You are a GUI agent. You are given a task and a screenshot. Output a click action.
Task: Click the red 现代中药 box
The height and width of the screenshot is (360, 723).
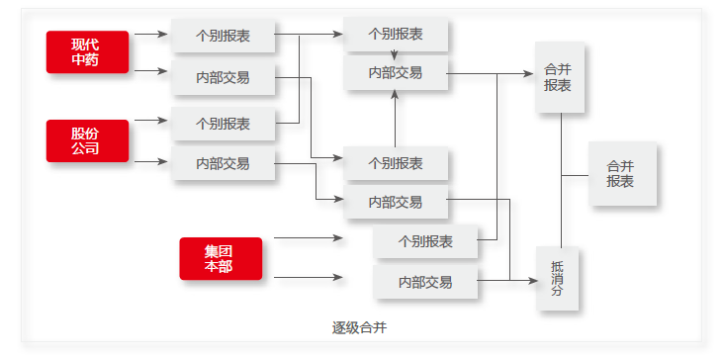point(87,51)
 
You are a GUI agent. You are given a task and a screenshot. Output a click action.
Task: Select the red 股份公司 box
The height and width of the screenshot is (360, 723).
point(87,140)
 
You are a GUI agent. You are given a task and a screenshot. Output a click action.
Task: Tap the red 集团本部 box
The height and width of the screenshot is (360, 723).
point(221,258)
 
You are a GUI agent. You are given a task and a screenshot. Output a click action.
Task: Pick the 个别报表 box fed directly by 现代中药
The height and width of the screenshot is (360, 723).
point(223,36)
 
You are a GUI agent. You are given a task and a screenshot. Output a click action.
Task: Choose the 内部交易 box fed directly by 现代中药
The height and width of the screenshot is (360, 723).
point(223,77)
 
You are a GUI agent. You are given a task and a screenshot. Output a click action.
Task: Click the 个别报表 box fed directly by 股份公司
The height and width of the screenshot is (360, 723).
point(223,124)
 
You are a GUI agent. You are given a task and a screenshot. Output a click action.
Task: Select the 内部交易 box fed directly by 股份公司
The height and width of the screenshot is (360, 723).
point(223,163)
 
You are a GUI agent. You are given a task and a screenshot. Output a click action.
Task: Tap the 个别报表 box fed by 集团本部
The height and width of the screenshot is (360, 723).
point(425,241)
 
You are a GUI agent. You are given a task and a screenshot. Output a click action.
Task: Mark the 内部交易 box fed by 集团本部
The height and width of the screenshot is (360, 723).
point(425,282)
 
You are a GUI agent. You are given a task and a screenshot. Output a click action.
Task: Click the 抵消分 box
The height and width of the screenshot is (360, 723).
point(558,279)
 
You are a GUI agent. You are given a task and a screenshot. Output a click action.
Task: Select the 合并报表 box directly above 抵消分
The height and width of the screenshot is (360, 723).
point(558,78)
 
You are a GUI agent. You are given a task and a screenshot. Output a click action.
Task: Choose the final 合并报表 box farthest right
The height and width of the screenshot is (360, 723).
point(621,174)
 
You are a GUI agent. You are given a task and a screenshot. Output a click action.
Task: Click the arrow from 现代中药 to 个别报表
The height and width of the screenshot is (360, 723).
point(150,34)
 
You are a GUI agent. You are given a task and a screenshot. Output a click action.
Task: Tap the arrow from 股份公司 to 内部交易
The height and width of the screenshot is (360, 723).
point(150,161)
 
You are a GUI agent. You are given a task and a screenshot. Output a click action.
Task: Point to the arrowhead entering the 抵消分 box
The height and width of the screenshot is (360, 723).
point(533,282)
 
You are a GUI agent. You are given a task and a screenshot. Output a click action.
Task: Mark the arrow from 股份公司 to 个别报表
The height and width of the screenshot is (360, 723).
point(150,121)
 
